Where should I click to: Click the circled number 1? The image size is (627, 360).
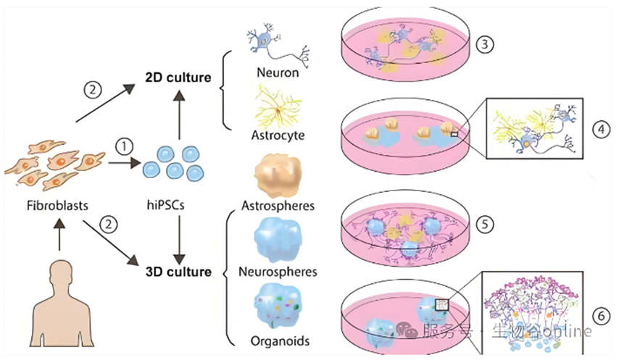coord(124,146)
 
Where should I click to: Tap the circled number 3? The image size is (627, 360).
coord(485,44)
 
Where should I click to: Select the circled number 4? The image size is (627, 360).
coord(602,130)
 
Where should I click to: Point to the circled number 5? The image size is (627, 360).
coord(485,224)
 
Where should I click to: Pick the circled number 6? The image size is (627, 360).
coord(602,317)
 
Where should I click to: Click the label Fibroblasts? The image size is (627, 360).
coord(57,206)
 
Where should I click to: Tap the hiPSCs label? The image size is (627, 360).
coord(165,206)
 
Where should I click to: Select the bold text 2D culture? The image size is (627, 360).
coord(178,77)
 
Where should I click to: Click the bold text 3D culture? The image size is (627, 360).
coord(178,272)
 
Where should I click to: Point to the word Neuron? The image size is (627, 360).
coord(278,72)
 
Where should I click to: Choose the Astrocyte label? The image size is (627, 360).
coord(278,135)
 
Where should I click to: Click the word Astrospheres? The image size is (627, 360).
coord(278,206)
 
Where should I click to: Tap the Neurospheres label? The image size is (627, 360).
coord(278,272)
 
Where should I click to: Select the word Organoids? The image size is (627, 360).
coord(280,341)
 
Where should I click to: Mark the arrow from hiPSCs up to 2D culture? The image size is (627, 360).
coord(179,114)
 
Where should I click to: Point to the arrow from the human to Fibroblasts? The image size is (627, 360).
coord(59,235)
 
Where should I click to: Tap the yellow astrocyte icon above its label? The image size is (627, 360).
coord(277,106)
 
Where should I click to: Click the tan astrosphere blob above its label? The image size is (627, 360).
coord(278,177)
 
